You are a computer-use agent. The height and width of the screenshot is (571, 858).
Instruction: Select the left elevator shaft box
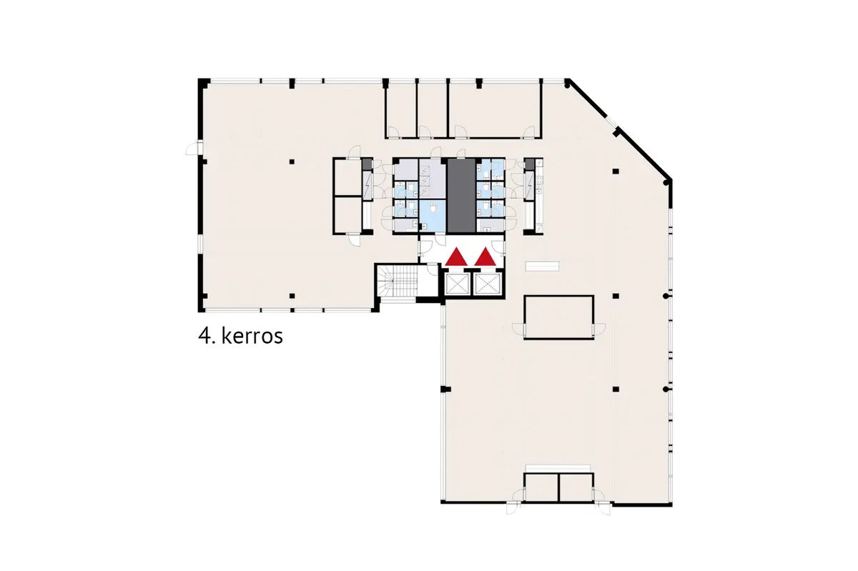pyautogui.click(x=458, y=284)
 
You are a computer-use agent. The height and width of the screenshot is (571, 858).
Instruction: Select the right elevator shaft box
pyautogui.click(x=488, y=284)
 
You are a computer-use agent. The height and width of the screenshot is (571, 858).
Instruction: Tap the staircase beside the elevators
pyautogui.click(x=398, y=281)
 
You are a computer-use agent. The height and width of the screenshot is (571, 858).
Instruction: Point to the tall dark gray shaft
pyautogui.click(x=462, y=196)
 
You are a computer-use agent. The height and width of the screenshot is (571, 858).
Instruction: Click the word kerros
pyautogui.click(x=252, y=337)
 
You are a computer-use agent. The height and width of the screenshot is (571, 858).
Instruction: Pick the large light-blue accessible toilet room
pyautogui.click(x=432, y=216)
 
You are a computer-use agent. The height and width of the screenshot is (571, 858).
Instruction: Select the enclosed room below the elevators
pyautogui.click(x=559, y=317)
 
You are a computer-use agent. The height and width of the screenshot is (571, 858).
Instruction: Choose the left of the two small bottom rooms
pyautogui.click(x=541, y=487)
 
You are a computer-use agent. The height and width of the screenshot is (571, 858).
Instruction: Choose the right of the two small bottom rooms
pyautogui.click(x=576, y=487)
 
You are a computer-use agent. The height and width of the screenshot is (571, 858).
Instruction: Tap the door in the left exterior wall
pyautogui.click(x=194, y=148)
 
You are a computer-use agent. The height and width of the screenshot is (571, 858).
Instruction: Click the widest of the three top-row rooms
pyautogui.click(x=495, y=110)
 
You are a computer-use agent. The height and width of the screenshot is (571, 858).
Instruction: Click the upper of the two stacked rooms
pyautogui.click(x=347, y=177)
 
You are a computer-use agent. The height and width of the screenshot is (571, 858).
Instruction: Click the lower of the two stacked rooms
pyautogui.click(x=347, y=215)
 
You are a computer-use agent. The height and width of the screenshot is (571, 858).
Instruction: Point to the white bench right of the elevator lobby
pyautogui.click(x=542, y=266)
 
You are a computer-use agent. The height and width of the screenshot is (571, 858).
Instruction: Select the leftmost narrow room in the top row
pyautogui.click(x=400, y=110)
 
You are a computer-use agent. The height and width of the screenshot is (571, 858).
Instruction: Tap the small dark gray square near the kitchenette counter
pyautogui.click(x=529, y=164)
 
